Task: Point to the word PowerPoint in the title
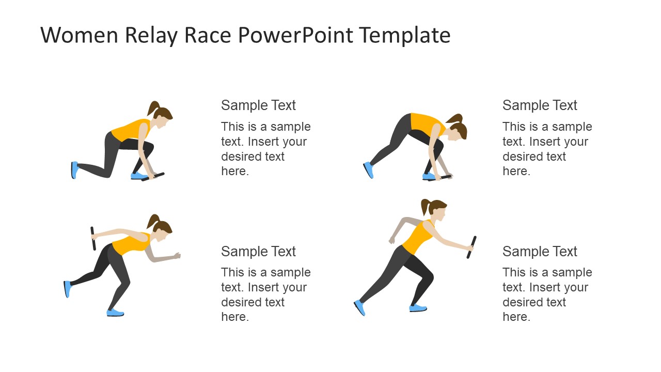[x=296, y=36]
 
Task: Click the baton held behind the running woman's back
[x=93, y=238]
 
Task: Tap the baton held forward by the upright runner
[x=471, y=247]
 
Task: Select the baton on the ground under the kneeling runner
[x=153, y=177]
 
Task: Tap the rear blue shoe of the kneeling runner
[x=74, y=170]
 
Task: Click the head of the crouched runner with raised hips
[x=458, y=132]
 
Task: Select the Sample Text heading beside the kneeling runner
[x=258, y=105]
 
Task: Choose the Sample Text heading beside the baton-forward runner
[x=540, y=252]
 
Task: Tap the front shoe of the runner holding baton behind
[x=115, y=313]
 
